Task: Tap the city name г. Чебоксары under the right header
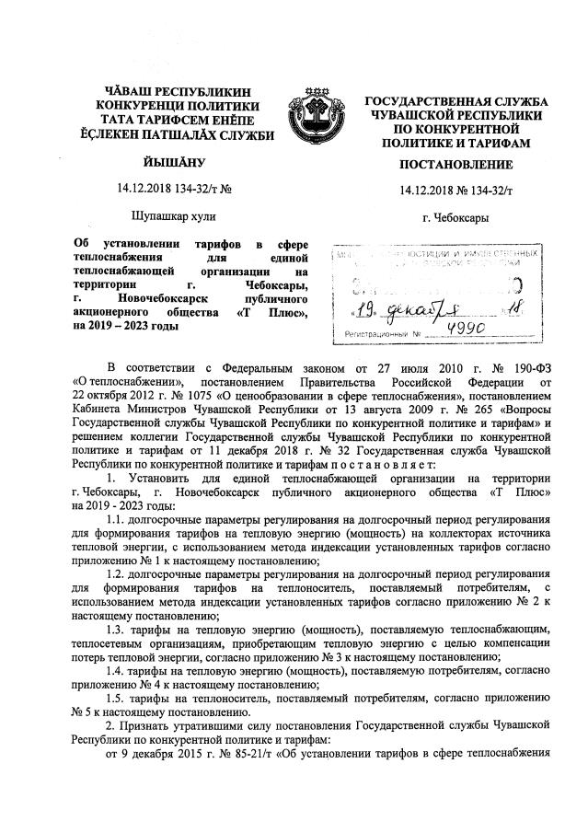click(x=455, y=218)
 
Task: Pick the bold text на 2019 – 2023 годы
click(x=122, y=327)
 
